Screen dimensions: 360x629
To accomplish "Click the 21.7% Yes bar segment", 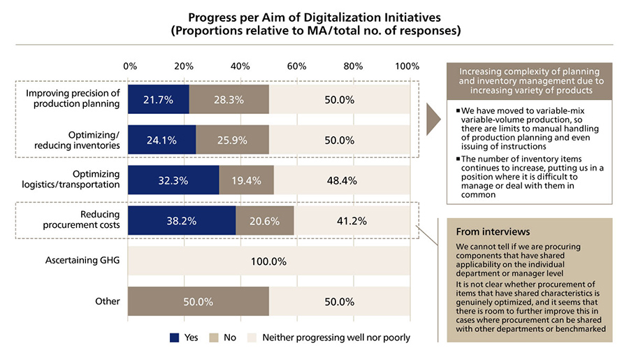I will [159, 99].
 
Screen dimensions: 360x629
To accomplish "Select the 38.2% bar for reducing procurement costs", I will [182, 220].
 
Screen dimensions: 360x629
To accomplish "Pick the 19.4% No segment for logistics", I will [246, 180].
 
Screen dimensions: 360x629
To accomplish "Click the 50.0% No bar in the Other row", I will [198, 301].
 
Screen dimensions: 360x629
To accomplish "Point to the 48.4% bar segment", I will [342, 180].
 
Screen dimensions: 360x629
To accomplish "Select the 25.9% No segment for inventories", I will [232, 140].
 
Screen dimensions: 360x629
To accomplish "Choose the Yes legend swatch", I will [174, 338].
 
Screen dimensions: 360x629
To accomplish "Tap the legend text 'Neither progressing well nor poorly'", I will [335, 338].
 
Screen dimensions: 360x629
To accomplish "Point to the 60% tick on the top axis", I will [296, 66].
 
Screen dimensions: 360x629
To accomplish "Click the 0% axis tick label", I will [130, 66].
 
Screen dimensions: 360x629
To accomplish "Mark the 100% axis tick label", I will [407, 66].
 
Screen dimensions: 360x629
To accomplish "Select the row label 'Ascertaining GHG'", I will [82, 261].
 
